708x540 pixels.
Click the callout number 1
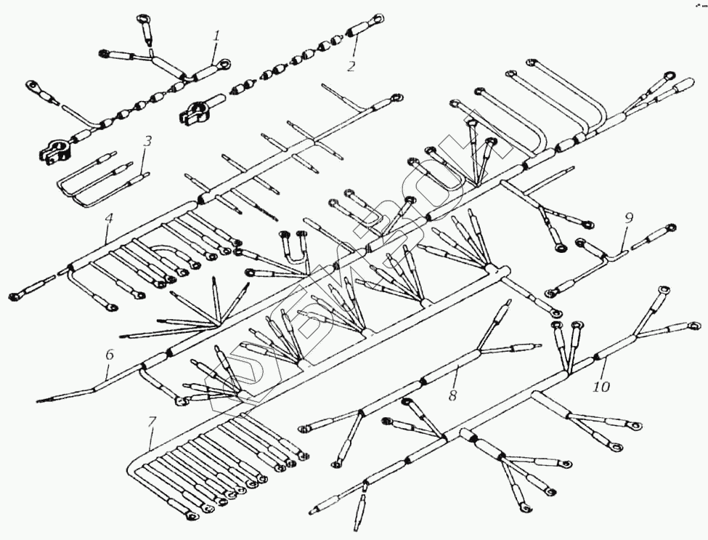point(215,33)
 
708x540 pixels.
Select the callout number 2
point(351,67)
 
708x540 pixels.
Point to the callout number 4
point(108,217)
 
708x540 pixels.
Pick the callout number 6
point(110,355)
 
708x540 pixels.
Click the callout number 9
point(629,217)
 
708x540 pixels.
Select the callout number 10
point(601,387)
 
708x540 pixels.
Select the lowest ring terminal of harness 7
point(192,515)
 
